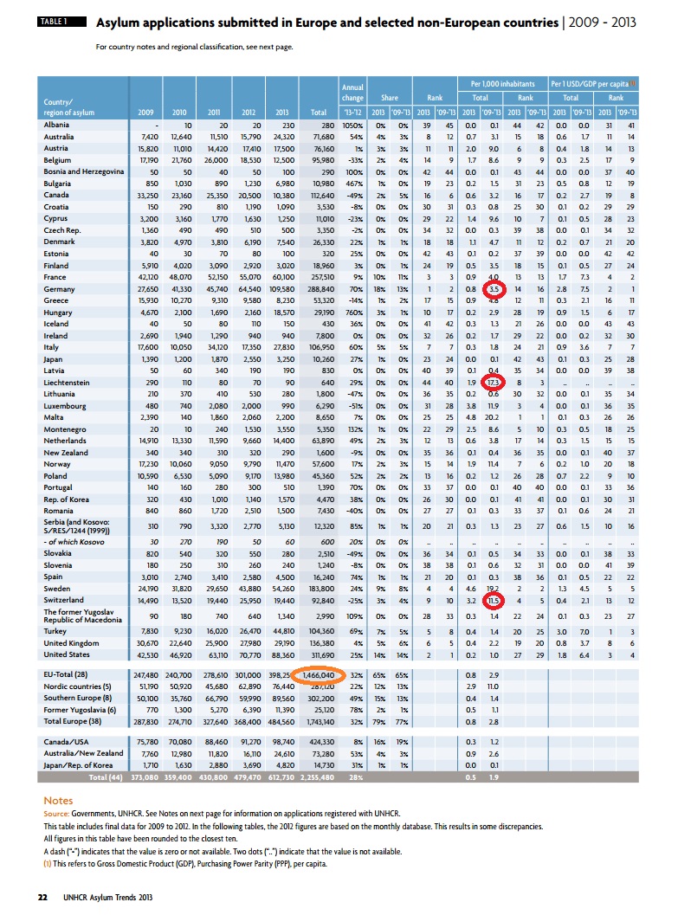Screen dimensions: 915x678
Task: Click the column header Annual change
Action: pos(353,93)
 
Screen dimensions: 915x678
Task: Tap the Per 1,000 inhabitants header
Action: pos(506,84)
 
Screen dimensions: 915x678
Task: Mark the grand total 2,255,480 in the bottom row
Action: pos(318,777)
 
